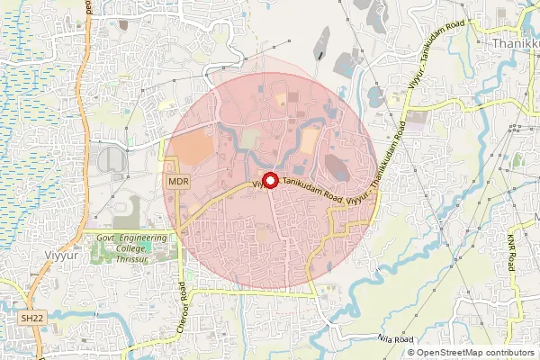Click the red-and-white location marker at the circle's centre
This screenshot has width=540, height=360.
(x=269, y=179)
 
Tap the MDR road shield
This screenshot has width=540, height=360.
(x=178, y=182)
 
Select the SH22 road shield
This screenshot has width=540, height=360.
(x=31, y=319)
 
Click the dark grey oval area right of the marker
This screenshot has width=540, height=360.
(x=337, y=167)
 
